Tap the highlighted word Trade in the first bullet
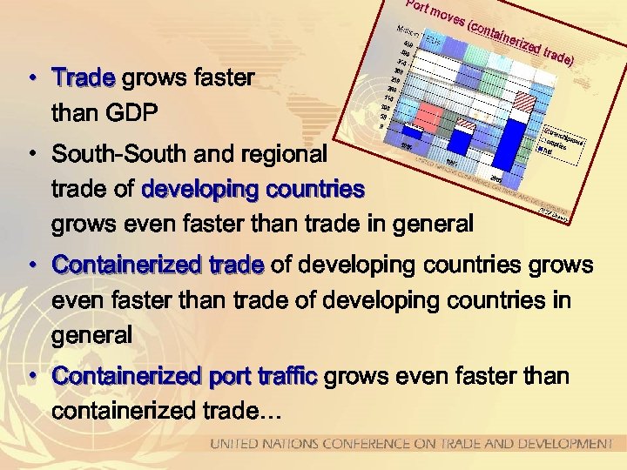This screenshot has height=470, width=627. coord(84,78)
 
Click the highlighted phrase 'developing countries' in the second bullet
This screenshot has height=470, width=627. coord(253,189)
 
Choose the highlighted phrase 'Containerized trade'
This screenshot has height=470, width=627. coord(157,265)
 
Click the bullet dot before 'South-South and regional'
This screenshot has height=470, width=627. coord(30,155)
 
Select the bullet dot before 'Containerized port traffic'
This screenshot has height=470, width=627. coord(30,377)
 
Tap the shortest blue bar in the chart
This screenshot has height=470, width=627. coord(412,133)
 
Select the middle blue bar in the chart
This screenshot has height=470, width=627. coord(462,140)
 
